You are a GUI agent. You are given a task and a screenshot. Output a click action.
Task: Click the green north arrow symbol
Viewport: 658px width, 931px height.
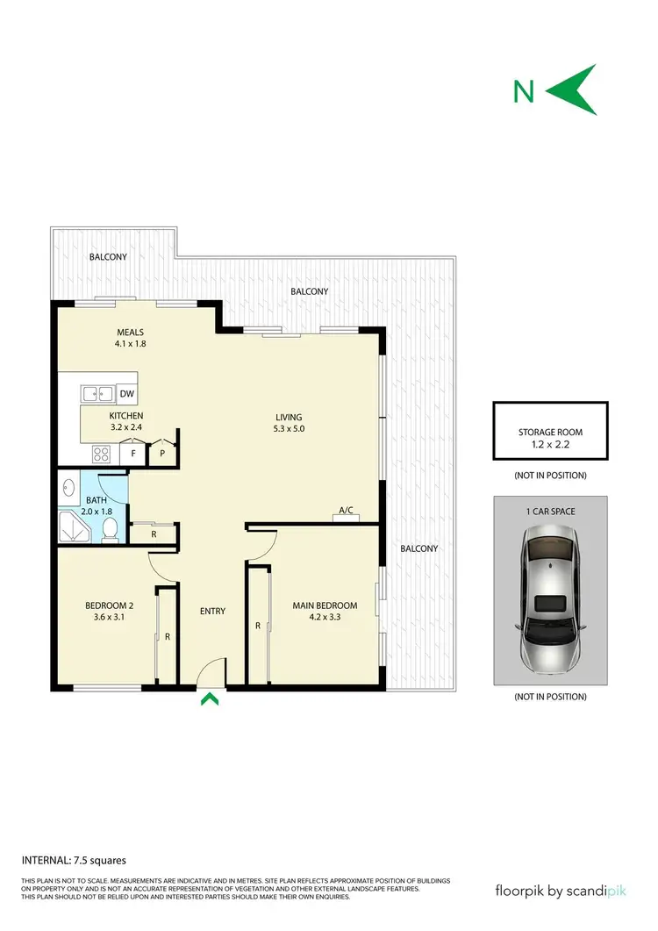(576, 90)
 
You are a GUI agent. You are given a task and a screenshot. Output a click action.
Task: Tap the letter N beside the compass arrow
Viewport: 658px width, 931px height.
(524, 90)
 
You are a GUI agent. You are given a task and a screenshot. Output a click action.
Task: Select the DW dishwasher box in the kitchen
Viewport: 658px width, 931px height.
(127, 394)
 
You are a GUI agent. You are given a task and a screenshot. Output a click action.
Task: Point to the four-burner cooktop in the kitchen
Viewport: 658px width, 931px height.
(102, 454)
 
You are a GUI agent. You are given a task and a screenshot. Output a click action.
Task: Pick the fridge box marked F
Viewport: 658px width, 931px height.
(132, 454)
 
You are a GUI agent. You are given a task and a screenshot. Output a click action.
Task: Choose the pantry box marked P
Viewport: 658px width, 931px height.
(162, 454)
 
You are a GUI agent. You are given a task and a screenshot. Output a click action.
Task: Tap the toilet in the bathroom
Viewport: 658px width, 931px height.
(111, 529)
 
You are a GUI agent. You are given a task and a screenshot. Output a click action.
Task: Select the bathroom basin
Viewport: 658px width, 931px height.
(68, 485)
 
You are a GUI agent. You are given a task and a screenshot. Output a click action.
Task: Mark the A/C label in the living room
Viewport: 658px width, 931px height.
(346, 510)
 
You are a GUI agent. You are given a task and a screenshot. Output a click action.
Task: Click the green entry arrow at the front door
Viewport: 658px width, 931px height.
(210, 698)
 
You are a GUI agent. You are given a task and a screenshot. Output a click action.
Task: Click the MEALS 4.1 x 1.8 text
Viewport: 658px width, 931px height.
(131, 338)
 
